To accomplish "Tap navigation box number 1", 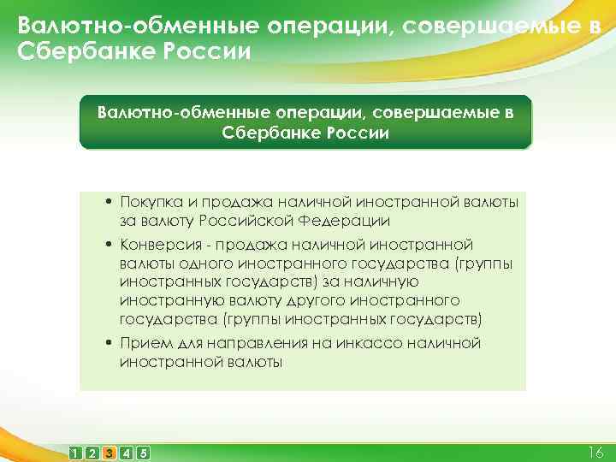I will click(76, 452).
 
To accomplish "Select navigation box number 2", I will click(92, 452).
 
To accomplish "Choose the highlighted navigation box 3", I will click(109, 452).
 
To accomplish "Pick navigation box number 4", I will click(126, 452).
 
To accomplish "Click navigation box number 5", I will click(142, 452).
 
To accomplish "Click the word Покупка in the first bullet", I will click(150, 202).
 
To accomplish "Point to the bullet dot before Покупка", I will click(110, 202).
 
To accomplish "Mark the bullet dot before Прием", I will click(110, 342).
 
